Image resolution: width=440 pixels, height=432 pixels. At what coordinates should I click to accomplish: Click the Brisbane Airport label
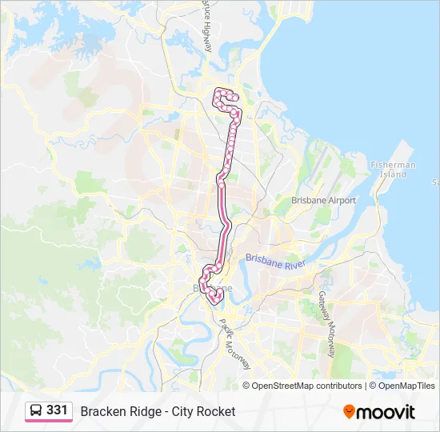click(323, 200)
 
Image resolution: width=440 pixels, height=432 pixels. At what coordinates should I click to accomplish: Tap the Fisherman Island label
click(393, 170)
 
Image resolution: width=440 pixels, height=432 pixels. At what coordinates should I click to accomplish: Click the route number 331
click(57, 410)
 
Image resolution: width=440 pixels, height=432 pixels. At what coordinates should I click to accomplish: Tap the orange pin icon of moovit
click(349, 411)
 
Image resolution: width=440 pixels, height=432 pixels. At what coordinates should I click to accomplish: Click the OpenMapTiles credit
click(406, 386)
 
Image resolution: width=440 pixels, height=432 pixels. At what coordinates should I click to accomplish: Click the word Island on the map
click(393, 174)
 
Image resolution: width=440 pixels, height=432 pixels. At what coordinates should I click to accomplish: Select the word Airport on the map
click(341, 200)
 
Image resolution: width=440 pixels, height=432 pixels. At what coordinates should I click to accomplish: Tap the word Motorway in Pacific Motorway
click(239, 352)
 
